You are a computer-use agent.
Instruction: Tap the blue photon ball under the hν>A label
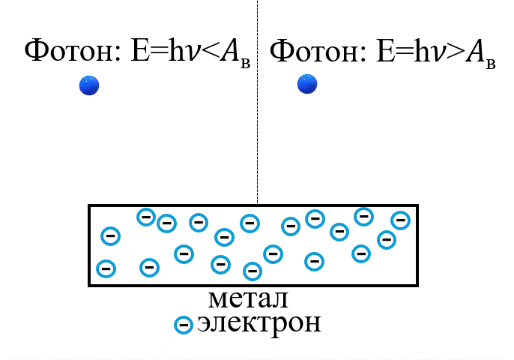[x=307, y=83]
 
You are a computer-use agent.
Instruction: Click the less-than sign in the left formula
[x=209, y=52]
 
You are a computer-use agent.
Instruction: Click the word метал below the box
[x=248, y=298]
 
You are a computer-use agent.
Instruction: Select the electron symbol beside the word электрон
[x=183, y=325]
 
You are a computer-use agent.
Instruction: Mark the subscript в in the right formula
[x=491, y=63]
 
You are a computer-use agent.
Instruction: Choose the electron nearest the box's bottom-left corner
[x=106, y=268]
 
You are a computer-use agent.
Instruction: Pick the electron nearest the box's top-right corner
[x=401, y=220]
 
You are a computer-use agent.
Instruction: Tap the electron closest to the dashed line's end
[x=250, y=223]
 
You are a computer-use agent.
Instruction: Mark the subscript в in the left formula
[x=245, y=63]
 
